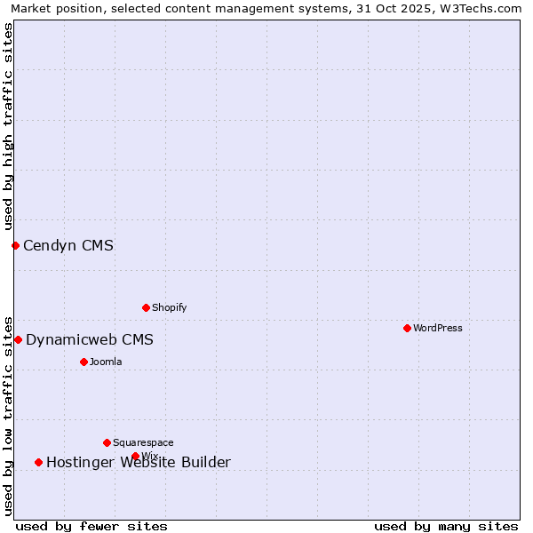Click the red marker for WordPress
407,328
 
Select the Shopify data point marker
146,307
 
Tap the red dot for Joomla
84,362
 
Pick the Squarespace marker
107,442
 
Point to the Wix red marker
135,456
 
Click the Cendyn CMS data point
15,245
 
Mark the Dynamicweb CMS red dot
18,339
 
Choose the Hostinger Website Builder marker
38,462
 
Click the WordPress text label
438,328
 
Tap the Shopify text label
170,307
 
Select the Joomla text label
106,362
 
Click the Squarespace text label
143,442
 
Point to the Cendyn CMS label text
68,245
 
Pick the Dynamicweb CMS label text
90,339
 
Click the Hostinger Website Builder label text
139,462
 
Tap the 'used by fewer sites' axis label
91,526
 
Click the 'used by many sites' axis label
446,526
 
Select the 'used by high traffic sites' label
8,127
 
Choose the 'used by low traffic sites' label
8,416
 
